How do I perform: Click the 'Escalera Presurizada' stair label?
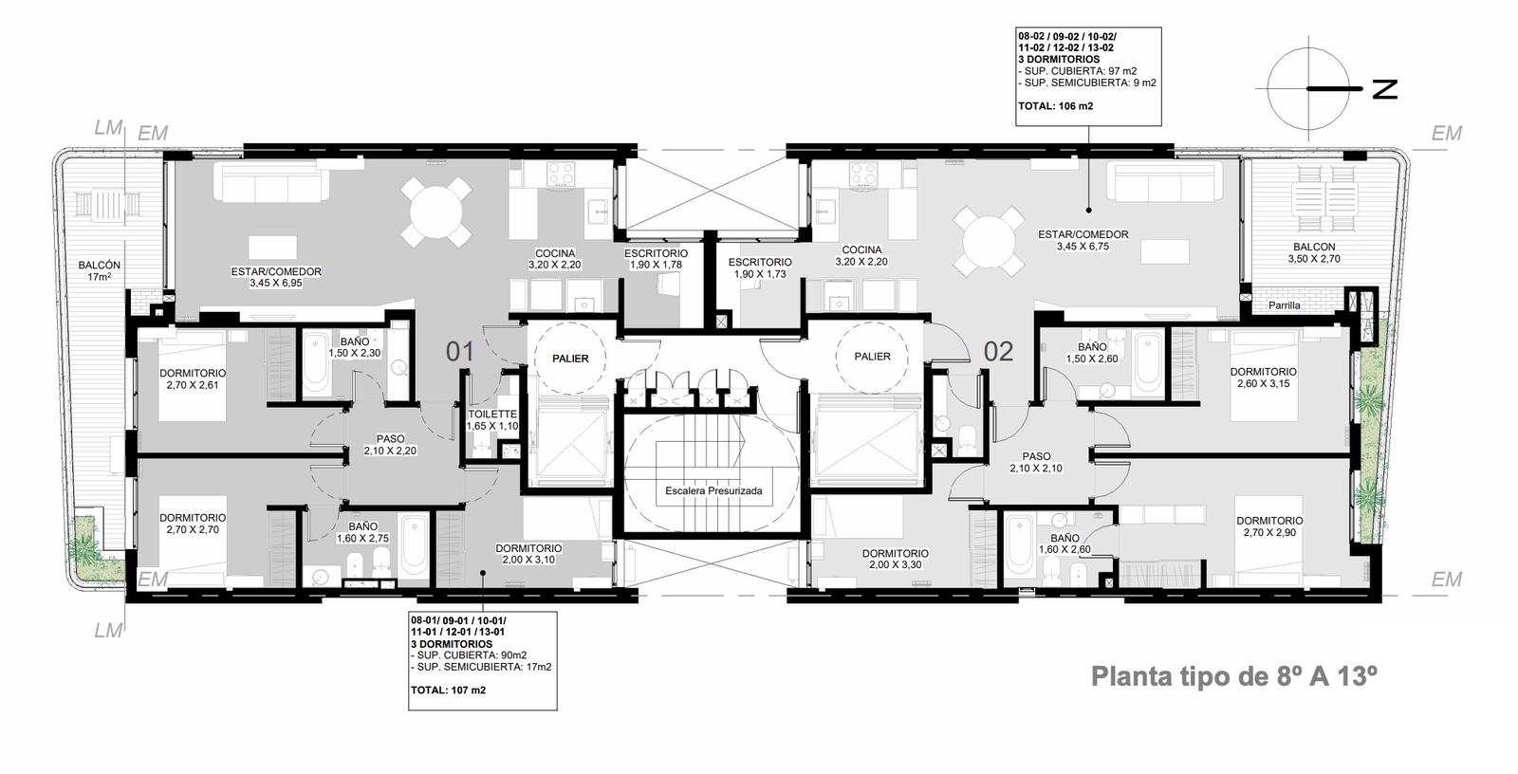pyautogui.click(x=713, y=490)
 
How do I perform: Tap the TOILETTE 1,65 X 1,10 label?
pyautogui.click(x=492, y=419)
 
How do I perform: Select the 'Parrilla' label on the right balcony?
pyautogui.click(x=1285, y=305)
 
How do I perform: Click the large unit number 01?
pyautogui.click(x=459, y=352)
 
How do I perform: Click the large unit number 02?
pyautogui.click(x=998, y=351)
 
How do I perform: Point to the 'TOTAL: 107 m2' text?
pyautogui.click(x=448, y=690)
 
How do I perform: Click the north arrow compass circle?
pyautogui.click(x=1308, y=89)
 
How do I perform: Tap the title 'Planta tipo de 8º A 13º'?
pyautogui.click(x=1234, y=676)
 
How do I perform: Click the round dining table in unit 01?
pyautogui.click(x=436, y=212)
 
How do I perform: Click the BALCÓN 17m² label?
pyautogui.click(x=99, y=271)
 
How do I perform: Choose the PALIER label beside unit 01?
pyautogui.click(x=570, y=359)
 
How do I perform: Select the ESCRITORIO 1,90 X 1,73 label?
pyautogui.click(x=760, y=268)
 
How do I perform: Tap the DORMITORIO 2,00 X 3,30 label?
pyautogui.click(x=896, y=559)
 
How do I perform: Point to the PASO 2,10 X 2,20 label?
pyautogui.click(x=390, y=445)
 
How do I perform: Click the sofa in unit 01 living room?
pyautogui.click(x=271, y=180)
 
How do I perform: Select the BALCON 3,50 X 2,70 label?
pyautogui.click(x=1314, y=253)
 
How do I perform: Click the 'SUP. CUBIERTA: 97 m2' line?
pyautogui.click(x=1078, y=71)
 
